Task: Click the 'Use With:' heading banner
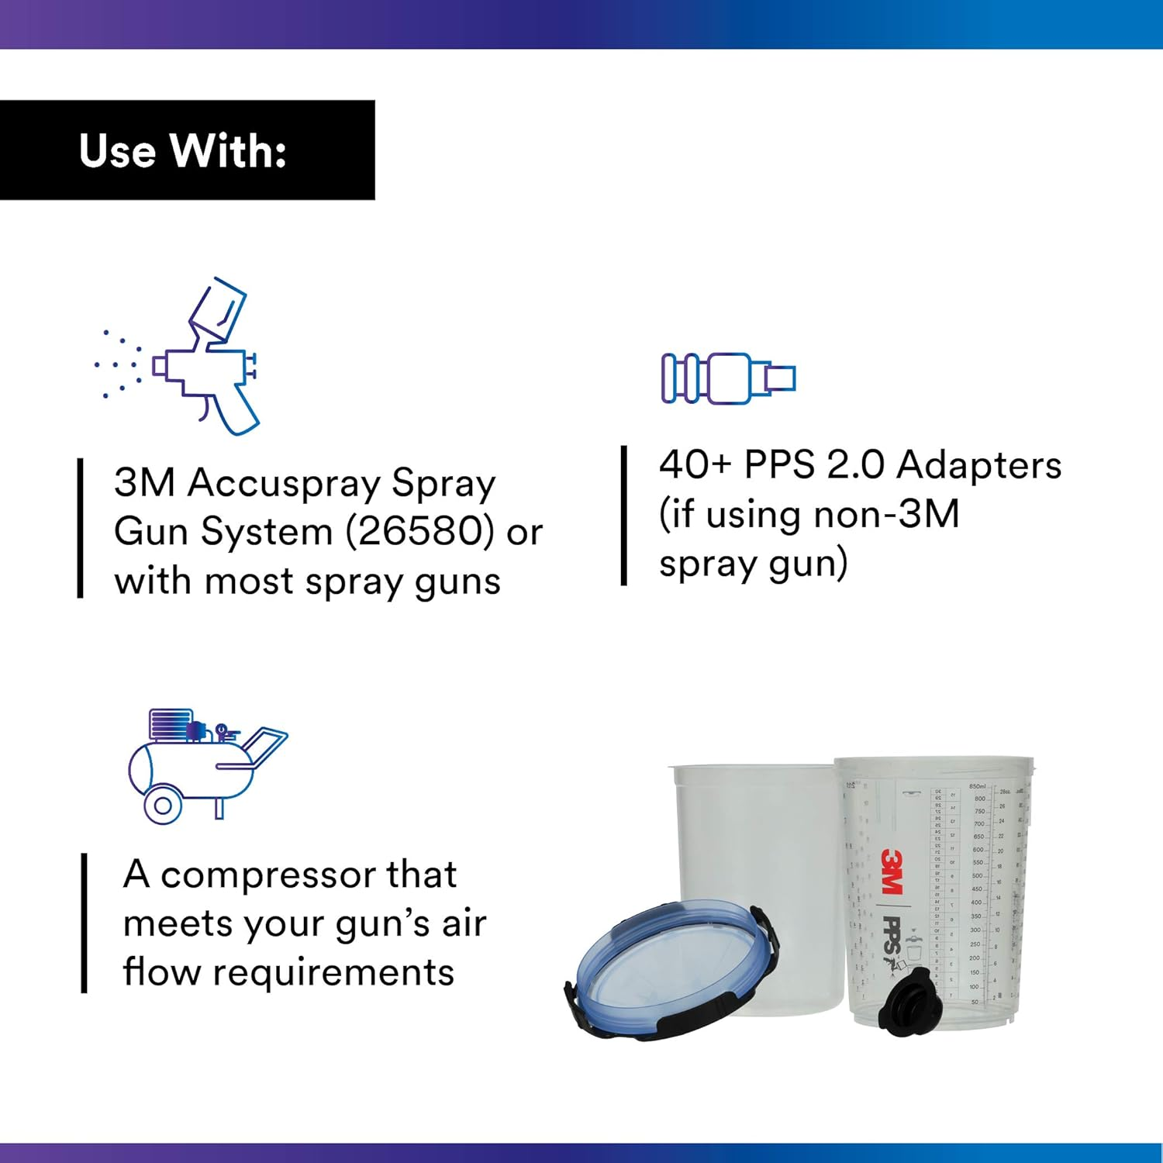(186, 150)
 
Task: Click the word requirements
(333, 972)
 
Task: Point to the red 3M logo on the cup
(892, 871)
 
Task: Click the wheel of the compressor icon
(163, 805)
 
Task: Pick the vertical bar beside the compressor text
(84, 923)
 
